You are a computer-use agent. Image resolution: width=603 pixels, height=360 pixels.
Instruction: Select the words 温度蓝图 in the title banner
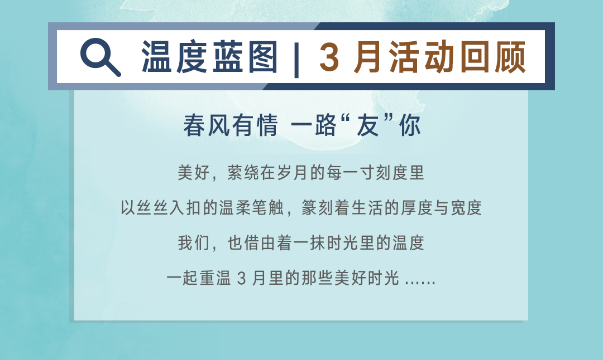pyautogui.click(x=209, y=57)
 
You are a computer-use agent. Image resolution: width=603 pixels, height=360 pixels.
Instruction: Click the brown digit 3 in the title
pyautogui.click(x=329, y=57)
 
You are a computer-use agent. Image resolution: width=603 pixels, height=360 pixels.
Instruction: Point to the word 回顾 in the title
pyautogui.click(x=492, y=57)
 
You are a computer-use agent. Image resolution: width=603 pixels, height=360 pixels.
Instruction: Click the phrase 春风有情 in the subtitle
pyautogui.click(x=231, y=125)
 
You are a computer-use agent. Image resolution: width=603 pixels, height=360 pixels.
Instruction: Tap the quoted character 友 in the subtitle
pyautogui.click(x=367, y=125)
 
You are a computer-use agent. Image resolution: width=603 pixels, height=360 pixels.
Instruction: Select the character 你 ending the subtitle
pyautogui.click(x=410, y=125)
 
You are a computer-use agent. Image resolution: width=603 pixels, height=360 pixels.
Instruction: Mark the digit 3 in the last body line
pyautogui.click(x=241, y=278)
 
